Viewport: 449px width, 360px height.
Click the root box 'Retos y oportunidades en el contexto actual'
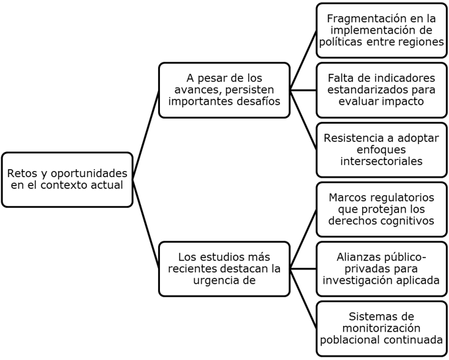(67, 180)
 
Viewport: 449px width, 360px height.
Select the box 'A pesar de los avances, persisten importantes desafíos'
(224, 90)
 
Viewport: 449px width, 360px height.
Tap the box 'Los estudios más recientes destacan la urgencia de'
(224, 269)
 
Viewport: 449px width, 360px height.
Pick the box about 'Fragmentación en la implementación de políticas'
(381, 30)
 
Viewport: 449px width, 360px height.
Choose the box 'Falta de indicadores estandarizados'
(381, 90)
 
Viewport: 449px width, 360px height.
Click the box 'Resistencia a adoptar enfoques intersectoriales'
(381, 149)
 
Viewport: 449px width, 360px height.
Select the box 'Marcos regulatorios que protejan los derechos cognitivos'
(381, 209)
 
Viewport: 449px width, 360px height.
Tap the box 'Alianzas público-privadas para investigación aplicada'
(381, 269)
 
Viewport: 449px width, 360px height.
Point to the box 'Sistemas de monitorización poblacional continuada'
(381, 328)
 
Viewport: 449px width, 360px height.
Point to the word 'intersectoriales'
(381, 161)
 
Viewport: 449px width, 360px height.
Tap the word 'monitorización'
(381, 328)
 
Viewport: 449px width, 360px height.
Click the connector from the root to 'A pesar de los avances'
(145, 135)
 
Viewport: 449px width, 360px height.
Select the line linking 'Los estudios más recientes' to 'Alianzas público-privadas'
(303, 269)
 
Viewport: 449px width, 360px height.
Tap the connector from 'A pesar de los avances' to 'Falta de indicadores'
(303, 90)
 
